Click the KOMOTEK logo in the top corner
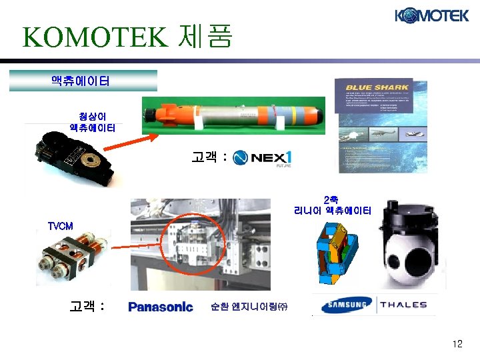point(431,15)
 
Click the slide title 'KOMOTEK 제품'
point(127,37)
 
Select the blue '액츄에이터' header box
point(82,81)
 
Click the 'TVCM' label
point(60,226)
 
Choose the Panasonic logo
point(160,307)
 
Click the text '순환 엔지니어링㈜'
point(248,307)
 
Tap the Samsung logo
point(345,305)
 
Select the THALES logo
point(403,305)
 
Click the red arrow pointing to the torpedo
point(137,144)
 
